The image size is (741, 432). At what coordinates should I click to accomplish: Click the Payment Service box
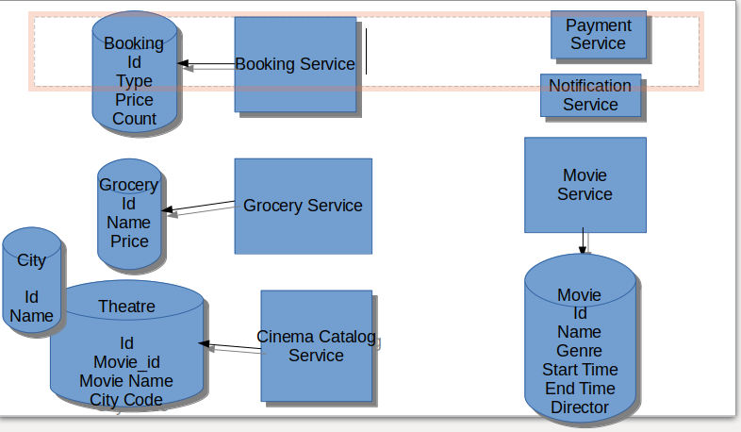click(598, 35)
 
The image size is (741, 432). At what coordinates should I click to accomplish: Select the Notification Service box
click(590, 95)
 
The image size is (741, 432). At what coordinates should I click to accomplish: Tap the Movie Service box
click(585, 185)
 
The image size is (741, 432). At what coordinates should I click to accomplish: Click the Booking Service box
click(295, 64)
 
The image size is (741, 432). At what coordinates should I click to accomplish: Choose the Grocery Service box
click(303, 206)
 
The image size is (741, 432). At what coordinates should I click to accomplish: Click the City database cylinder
click(32, 280)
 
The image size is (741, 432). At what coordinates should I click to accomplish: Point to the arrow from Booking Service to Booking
click(206, 65)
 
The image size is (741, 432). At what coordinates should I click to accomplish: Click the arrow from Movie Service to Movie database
click(584, 241)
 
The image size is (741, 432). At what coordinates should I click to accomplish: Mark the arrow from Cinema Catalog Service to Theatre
click(230, 347)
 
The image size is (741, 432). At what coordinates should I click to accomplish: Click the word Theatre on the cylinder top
click(126, 307)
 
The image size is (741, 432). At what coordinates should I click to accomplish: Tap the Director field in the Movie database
click(580, 407)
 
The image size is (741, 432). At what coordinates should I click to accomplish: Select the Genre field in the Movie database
click(579, 351)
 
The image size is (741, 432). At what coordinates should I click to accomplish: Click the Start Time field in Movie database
click(580, 370)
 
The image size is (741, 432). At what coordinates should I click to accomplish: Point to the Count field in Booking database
click(135, 119)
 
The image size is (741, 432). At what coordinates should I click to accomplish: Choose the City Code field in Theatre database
click(126, 400)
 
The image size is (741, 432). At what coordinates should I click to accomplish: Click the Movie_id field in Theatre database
click(126, 362)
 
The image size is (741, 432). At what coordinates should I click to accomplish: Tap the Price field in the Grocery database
click(129, 241)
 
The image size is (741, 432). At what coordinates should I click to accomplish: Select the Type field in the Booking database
click(134, 81)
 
